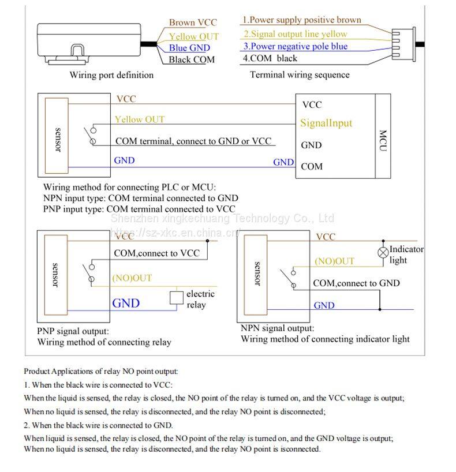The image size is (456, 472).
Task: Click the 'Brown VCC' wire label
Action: pyautogui.click(x=193, y=23)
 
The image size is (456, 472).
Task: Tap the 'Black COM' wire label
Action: pyautogui.click(x=192, y=59)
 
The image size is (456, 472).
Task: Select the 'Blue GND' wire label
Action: pyautogui.click(x=189, y=48)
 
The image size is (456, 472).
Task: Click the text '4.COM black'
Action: pyautogui.click(x=270, y=58)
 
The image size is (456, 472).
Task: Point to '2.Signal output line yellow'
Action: pyautogui.click(x=295, y=34)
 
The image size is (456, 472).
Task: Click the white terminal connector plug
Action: pyautogui.click(x=402, y=43)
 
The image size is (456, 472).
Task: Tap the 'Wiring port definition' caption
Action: pyautogui.click(x=111, y=74)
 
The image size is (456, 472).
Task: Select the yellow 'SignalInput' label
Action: pyautogui.click(x=326, y=123)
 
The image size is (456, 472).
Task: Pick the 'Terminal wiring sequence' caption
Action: pyautogui.click(x=300, y=74)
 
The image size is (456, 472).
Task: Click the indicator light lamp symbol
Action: pyautogui.click(x=382, y=252)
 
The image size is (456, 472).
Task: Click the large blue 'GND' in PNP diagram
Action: pyautogui.click(x=126, y=303)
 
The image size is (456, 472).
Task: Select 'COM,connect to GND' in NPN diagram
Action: pyautogui.click(x=356, y=283)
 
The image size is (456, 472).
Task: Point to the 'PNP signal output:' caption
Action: pyautogui.click(x=73, y=331)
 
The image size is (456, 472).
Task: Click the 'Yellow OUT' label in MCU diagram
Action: pyautogui.click(x=139, y=119)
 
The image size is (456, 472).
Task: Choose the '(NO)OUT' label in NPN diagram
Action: pyautogui.click(x=334, y=261)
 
